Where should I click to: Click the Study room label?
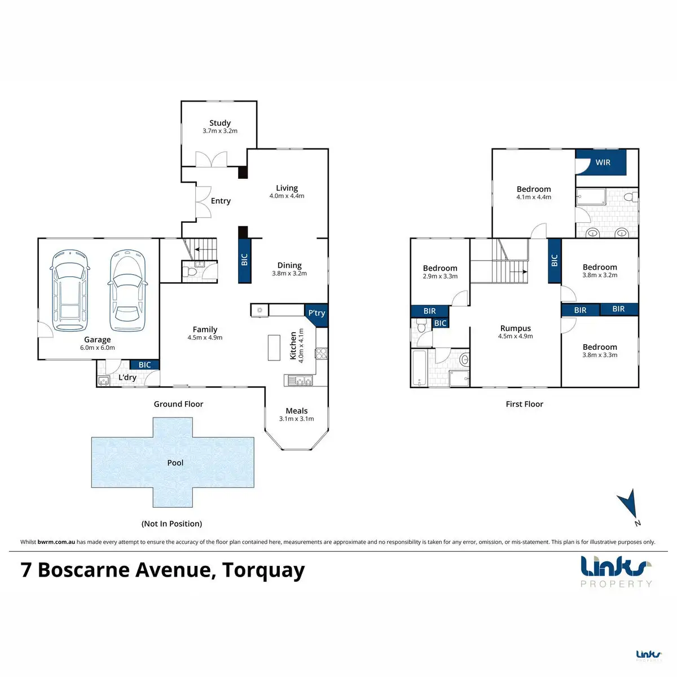point(220,123)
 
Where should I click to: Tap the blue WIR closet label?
point(603,162)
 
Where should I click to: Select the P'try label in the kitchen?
point(316,313)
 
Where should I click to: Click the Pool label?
point(175,463)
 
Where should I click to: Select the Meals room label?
point(297,411)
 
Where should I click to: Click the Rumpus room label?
point(516,328)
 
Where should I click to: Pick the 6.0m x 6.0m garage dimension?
point(97,348)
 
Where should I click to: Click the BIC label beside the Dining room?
point(244,260)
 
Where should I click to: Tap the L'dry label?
point(127,377)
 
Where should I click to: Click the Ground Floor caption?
point(178,404)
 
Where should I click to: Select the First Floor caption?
point(524,404)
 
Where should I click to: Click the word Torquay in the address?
point(263,570)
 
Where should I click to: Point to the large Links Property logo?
point(616,572)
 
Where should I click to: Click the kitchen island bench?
point(274,348)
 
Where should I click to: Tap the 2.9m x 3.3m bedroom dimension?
point(440,276)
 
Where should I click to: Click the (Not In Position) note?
point(172,524)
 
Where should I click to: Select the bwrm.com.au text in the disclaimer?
point(56,542)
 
